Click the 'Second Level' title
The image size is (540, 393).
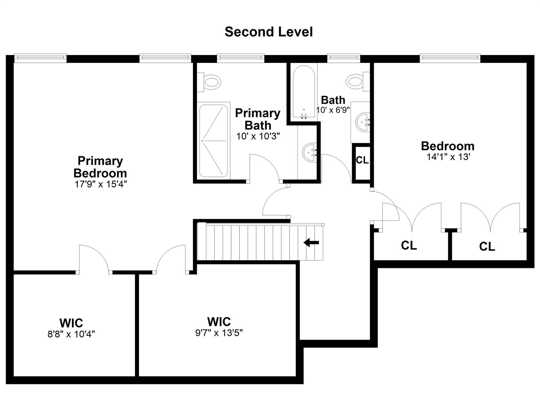pyautogui.click(x=269, y=32)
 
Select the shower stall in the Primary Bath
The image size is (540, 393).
pyautogui.click(x=213, y=141)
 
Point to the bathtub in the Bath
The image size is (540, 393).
pyautogui.click(x=304, y=91)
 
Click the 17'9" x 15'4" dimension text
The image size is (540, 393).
pyautogui.click(x=101, y=184)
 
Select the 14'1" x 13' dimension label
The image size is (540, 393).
pyautogui.click(x=449, y=157)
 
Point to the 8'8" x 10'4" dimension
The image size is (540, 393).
pyautogui.click(x=71, y=334)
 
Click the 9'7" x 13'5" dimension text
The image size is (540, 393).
pyautogui.click(x=219, y=333)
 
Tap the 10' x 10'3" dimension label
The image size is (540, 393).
pyautogui.click(x=258, y=136)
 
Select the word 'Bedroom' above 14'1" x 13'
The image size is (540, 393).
pyautogui.click(x=448, y=146)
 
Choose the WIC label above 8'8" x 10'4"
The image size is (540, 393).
pyautogui.click(x=71, y=323)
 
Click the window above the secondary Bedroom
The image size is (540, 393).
pyautogui.click(x=450, y=58)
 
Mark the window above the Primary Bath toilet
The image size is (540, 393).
pyautogui.click(x=240, y=58)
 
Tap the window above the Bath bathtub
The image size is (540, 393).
pyautogui.click(x=344, y=58)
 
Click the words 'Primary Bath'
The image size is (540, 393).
pyautogui.click(x=258, y=119)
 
